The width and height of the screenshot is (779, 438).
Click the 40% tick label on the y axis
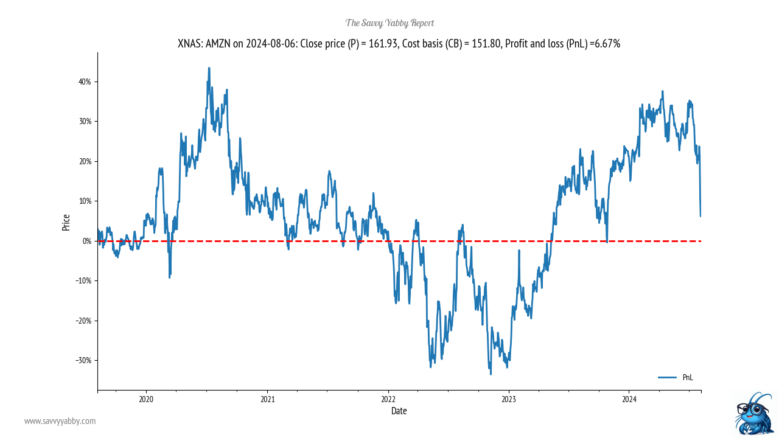pyautogui.click(x=83, y=82)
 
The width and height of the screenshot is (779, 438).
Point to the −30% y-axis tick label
pyautogui.click(x=82, y=360)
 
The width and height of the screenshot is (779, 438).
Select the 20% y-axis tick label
pyautogui.click(x=83, y=161)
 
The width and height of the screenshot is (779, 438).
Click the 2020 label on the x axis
pyautogui.click(x=146, y=399)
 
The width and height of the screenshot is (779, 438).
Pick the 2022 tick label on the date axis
pyautogui.click(x=388, y=399)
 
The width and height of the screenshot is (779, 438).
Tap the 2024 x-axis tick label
pyautogui.click(x=629, y=399)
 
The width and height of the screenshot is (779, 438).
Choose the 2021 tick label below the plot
pyautogui.click(x=267, y=399)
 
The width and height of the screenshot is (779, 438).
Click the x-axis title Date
pyautogui.click(x=399, y=411)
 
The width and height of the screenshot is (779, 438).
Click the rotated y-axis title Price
pyautogui.click(x=66, y=223)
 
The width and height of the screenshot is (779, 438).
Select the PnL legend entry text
pyautogui.click(x=688, y=378)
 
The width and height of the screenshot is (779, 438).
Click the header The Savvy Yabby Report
pyautogui.click(x=389, y=23)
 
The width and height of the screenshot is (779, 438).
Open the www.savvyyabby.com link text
pyautogui.click(x=60, y=421)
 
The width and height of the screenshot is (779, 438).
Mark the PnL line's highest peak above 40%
pyautogui.click(x=209, y=68)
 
